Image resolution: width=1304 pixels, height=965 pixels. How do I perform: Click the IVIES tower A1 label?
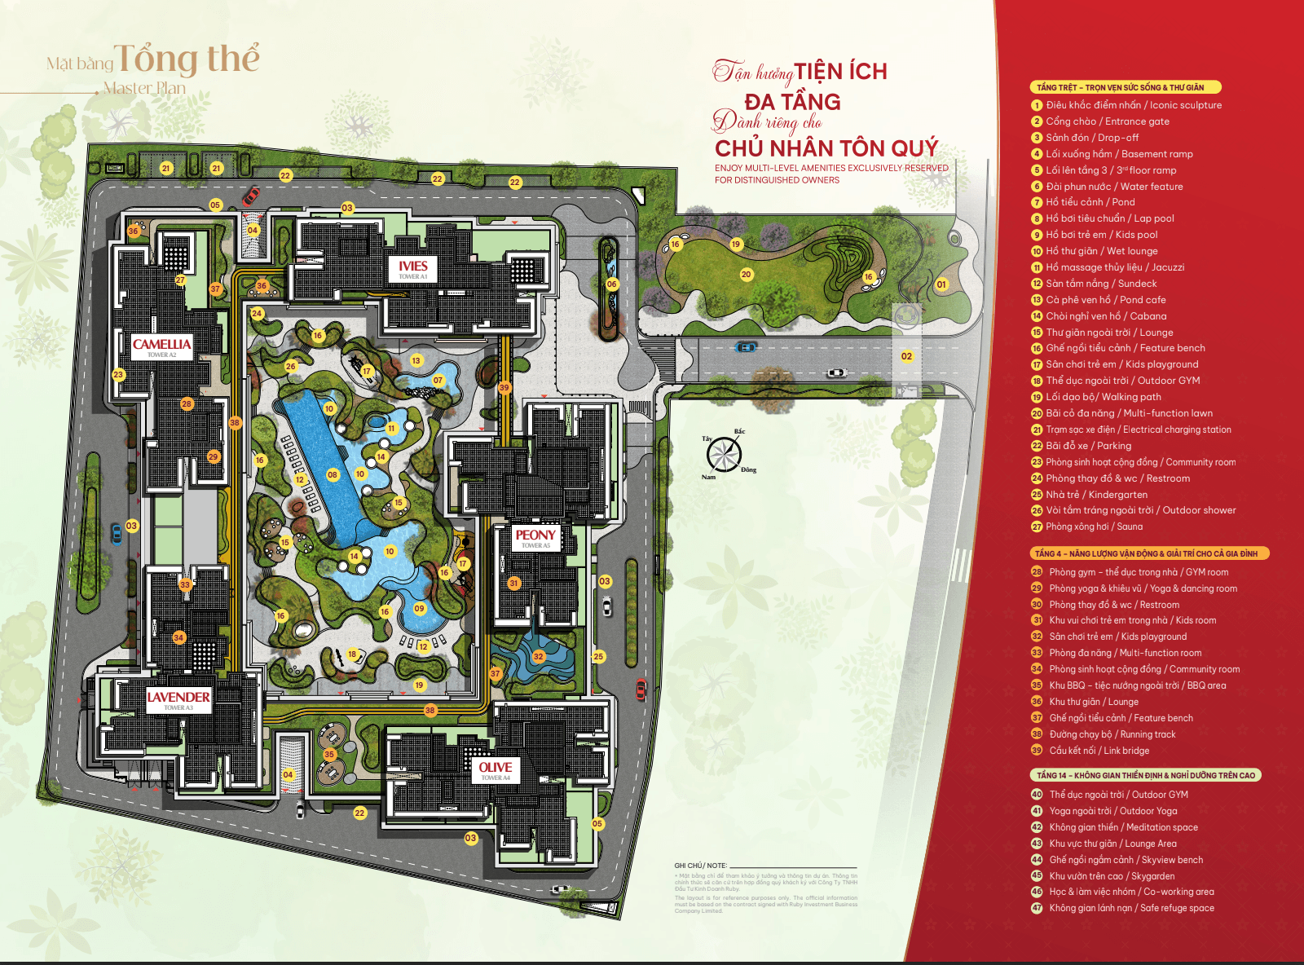pos(413,269)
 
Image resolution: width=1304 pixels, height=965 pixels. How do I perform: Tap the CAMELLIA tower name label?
pos(161,346)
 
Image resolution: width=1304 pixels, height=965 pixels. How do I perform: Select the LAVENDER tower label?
pos(178,699)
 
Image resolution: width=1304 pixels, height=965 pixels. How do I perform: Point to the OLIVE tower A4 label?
pos(496,770)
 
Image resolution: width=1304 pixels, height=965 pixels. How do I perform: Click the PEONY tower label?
pos(535,538)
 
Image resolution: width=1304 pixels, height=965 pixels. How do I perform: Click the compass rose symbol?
pos(724,454)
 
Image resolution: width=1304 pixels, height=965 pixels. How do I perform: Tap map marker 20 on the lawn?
pos(746,275)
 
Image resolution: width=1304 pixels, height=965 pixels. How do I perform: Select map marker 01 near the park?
pos(941,284)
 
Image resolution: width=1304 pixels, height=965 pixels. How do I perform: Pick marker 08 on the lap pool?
pos(333,474)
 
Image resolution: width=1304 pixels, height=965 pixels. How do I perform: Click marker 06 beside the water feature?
pos(612,284)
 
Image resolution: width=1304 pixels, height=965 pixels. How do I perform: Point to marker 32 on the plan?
pos(538,656)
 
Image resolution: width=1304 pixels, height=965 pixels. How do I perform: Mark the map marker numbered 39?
pos(504,388)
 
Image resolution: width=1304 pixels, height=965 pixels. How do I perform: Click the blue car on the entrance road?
pos(746,347)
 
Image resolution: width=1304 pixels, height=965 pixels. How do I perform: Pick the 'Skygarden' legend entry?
pos(1112,876)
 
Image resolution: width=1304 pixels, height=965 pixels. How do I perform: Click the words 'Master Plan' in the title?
pos(144,88)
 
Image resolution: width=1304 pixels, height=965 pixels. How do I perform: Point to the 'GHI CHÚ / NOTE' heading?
pos(700,866)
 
